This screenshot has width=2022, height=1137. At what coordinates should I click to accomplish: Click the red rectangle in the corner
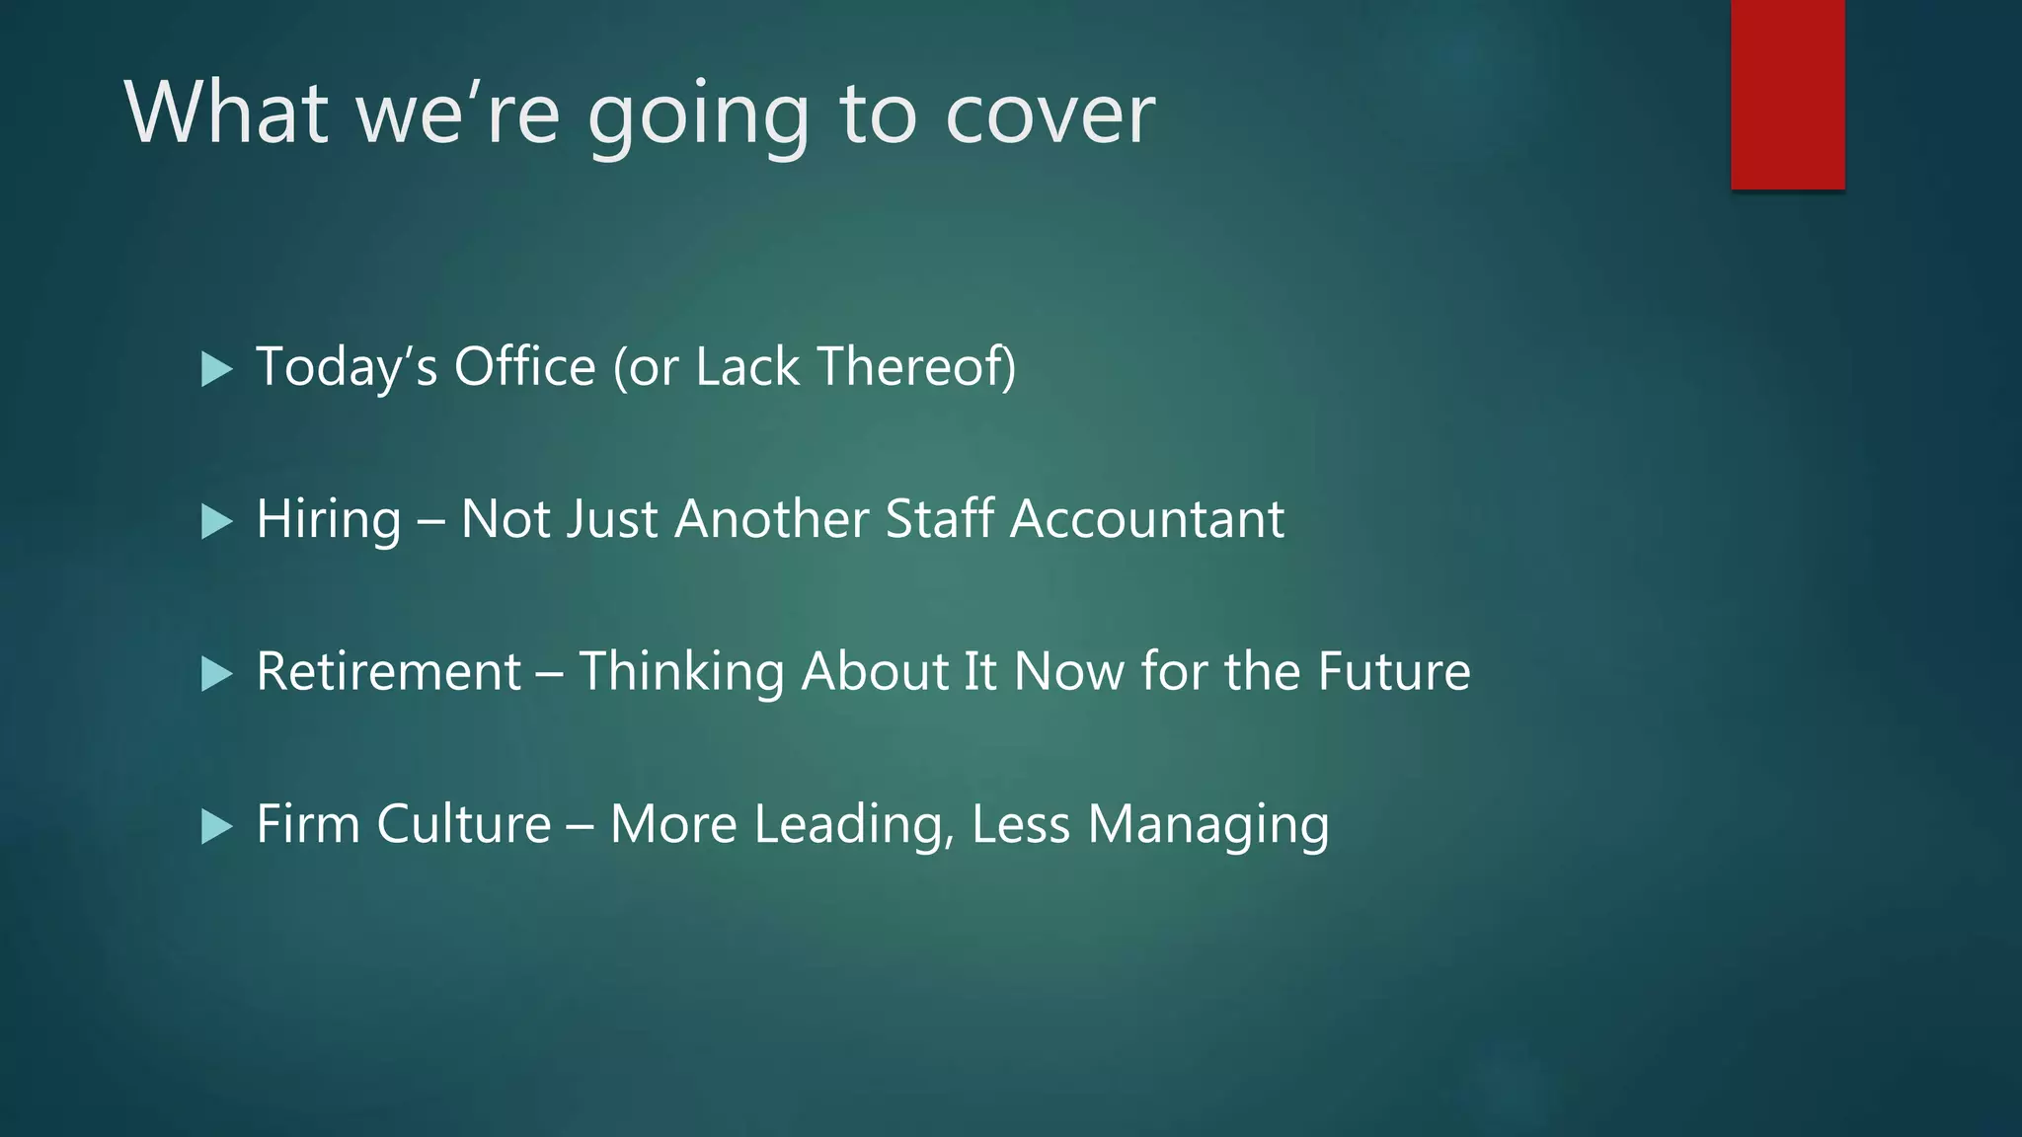1787,95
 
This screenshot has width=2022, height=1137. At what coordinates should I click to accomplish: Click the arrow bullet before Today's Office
216,369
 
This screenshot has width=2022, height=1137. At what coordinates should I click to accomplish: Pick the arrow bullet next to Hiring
216,521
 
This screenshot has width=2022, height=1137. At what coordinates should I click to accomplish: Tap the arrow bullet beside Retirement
216,674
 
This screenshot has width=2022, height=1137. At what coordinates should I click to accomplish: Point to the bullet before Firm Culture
216,826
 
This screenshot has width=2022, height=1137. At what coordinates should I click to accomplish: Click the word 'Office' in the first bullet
524,366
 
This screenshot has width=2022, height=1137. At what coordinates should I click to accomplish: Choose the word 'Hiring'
329,519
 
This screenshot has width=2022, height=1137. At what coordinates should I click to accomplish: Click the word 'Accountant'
1147,519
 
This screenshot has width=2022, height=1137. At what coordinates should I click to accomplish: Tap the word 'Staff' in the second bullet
939,519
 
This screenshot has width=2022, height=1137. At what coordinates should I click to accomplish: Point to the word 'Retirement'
388,672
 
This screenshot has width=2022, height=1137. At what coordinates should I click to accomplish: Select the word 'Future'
1394,672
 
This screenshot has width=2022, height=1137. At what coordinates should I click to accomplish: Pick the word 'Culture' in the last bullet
463,824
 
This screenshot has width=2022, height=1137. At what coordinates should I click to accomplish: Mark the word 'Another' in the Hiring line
771,519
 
